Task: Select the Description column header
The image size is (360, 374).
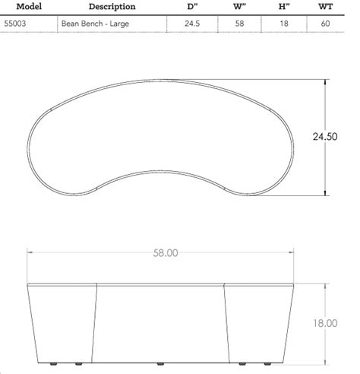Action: [112, 7]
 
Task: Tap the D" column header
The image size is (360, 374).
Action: [191, 7]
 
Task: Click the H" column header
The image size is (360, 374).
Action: [283, 7]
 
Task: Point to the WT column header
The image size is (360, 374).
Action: [327, 7]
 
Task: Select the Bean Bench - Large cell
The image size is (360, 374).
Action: [94, 24]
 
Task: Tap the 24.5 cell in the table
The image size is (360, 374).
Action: [191, 24]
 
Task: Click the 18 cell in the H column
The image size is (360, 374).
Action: [283, 24]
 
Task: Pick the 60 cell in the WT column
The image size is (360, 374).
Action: [327, 24]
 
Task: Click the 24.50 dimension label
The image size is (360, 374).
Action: [326, 136]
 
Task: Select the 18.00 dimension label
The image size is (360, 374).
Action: [324, 323]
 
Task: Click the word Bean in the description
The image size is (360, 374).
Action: [71, 24]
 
